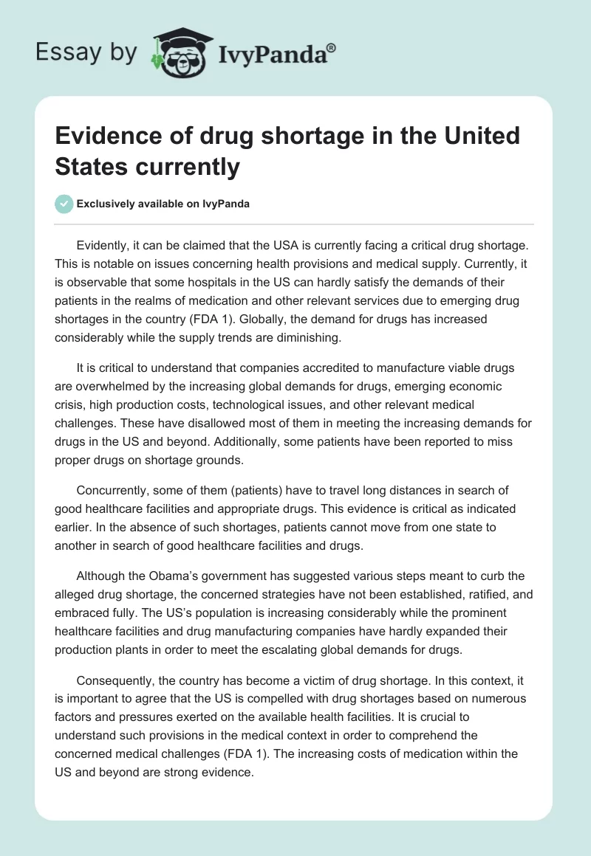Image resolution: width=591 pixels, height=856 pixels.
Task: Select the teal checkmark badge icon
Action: [x=64, y=204]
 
